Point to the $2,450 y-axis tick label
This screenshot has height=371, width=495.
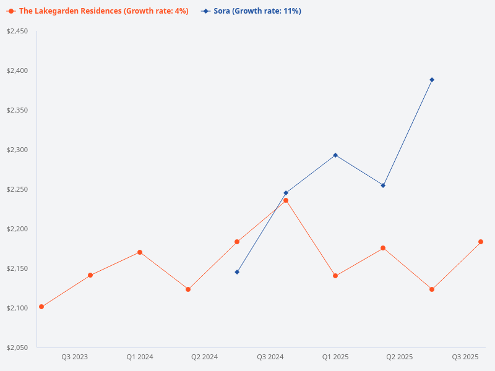(17, 31)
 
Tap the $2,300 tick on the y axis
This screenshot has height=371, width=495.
(17, 150)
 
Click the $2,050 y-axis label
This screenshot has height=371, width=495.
(17, 348)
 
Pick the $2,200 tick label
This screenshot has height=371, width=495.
(17, 229)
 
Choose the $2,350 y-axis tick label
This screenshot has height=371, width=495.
(17, 110)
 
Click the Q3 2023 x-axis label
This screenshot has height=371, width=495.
(74, 357)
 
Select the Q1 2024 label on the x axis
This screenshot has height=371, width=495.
(140, 357)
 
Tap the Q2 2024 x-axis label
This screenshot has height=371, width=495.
(204, 357)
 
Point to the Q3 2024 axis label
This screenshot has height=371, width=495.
(270, 357)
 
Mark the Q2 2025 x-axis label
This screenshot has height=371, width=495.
(400, 357)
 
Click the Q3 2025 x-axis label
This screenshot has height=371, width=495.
(465, 357)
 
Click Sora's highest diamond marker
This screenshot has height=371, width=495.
(432, 80)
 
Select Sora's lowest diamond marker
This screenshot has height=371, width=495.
(237, 272)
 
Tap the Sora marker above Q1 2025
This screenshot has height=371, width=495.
(335, 155)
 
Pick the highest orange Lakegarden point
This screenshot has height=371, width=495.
(286, 200)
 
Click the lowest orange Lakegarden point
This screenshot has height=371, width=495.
(41, 307)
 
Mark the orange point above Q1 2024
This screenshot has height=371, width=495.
(140, 252)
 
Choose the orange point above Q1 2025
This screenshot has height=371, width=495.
(335, 276)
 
